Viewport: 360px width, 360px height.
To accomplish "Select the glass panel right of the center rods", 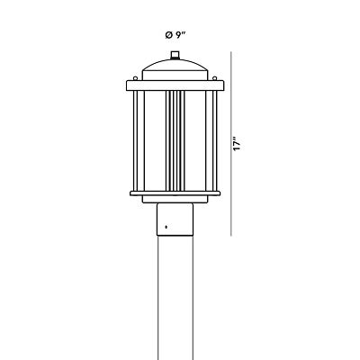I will click(198, 139).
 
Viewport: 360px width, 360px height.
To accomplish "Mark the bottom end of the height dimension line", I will click(237, 236).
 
